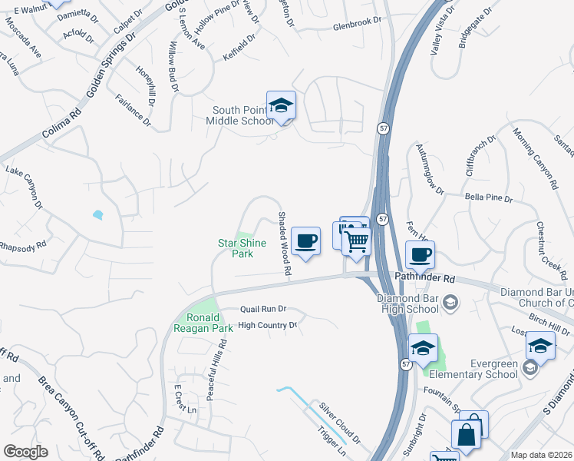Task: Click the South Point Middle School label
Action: (x=242, y=115)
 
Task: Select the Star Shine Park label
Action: (x=242, y=248)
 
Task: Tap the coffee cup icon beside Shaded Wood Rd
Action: (x=305, y=241)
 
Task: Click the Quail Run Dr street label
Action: (x=262, y=309)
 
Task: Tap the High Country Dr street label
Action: (x=267, y=326)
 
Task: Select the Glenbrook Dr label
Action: (x=357, y=26)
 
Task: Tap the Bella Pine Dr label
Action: (x=488, y=198)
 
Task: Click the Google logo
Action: (x=25, y=452)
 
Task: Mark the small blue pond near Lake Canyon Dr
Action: (x=97, y=215)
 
